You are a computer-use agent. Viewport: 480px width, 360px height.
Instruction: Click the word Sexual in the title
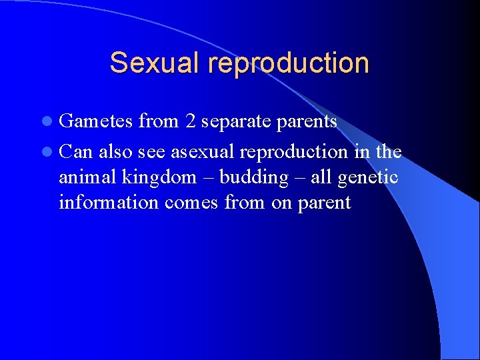(x=155, y=63)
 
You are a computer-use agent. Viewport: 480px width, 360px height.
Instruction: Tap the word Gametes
(x=96, y=121)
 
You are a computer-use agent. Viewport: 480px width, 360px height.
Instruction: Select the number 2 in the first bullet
(x=191, y=121)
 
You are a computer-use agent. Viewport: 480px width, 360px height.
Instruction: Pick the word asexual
(x=203, y=152)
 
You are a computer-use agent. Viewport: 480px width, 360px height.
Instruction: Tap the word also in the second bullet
(x=117, y=152)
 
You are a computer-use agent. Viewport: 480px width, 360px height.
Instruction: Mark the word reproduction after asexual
(x=294, y=153)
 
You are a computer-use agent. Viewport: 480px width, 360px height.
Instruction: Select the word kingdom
(x=159, y=178)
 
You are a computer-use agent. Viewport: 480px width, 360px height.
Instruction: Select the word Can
(x=75, y=152)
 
